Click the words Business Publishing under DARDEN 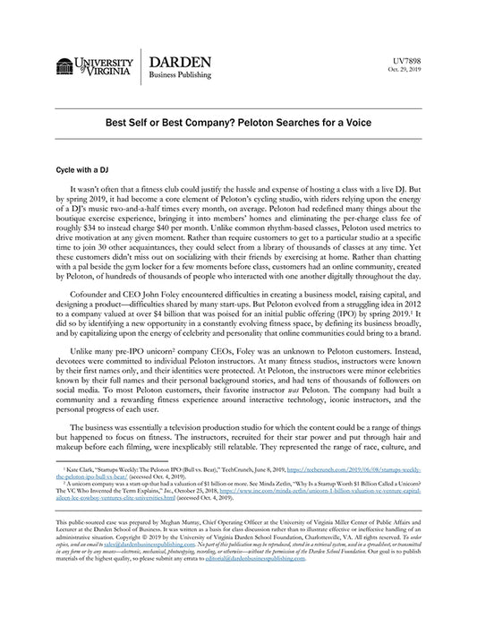click(x=183, y=78)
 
